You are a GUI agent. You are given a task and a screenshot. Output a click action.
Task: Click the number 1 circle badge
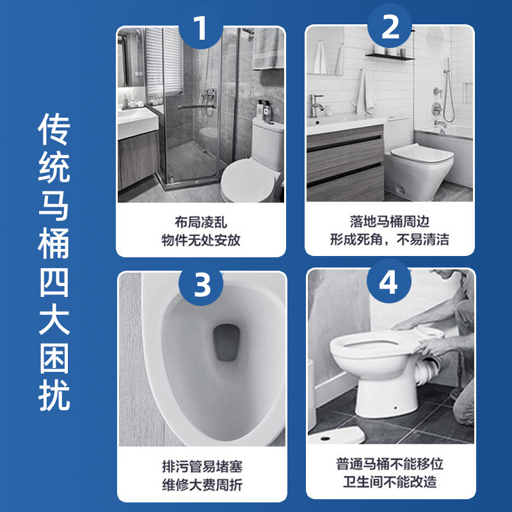click(x=200, y=27)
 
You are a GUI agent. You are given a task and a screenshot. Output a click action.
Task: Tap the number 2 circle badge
click(x=390, y=26)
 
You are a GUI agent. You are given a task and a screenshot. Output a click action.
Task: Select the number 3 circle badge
click(x=201, y=284)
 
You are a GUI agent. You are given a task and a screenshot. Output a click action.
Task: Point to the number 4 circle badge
click(x=388, y=281)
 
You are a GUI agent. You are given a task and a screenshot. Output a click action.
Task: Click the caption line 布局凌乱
click(x=201, y=223)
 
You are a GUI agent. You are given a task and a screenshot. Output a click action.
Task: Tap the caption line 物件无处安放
click(x=201, y=241)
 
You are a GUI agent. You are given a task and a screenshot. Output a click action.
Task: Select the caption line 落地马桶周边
click(x=390, y=221)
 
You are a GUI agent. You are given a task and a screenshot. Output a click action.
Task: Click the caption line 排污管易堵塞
click(x=202, y=467)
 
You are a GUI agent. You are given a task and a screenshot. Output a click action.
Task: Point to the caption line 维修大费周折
click(x=202, y=485)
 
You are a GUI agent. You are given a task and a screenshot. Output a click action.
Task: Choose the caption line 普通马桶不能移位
click(x=390, y=464)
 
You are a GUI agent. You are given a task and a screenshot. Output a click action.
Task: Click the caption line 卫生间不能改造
click(x=390, y=482)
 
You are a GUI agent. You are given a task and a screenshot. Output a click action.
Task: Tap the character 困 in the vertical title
click(x=54, y=358)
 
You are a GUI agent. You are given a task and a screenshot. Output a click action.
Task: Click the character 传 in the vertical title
click(x=54, y=129)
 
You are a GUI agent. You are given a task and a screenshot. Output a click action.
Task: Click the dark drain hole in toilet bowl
click(x=227, y=342)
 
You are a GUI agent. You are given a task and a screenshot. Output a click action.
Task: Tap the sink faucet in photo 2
click(x=316, y=106)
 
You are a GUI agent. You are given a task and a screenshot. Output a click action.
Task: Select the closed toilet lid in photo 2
click(x=421, y=153)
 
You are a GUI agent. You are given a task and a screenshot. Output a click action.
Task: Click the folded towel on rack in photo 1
click(x=268, y=49)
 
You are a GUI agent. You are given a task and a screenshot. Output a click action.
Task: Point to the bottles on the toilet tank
click(x=264, y=111)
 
